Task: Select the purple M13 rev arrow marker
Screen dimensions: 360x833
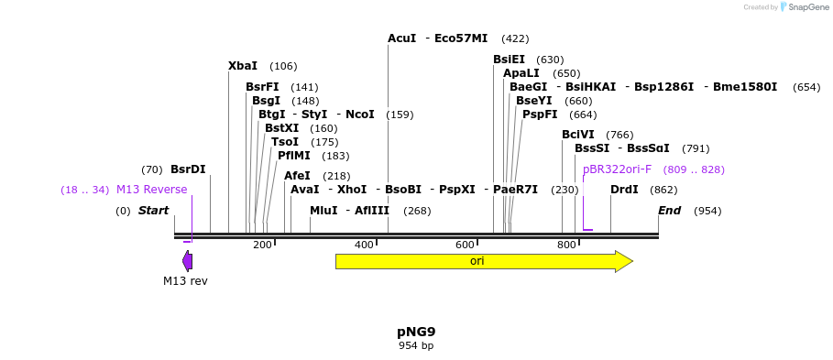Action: (x=187, y=261)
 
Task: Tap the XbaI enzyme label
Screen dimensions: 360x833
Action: (x=243, y=66)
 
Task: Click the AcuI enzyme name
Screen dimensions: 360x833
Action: (x=401, y=38)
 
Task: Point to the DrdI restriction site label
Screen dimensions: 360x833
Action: (x=624, y=190)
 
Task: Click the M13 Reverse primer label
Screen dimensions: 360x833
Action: (x=151, y=190)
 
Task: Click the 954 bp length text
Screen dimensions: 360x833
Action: (x=416, y=345)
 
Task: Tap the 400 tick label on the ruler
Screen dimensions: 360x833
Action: (x=364, y=245)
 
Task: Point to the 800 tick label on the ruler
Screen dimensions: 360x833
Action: (x=566, y=245)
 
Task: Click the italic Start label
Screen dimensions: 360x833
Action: (x=153, y=211)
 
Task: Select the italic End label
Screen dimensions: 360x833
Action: (x=669, y=211)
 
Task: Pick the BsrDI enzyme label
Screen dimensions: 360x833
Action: (x=188, y=169)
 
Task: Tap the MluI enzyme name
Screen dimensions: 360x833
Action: (x=323, y=211)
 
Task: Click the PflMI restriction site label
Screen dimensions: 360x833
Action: (x=294, y=156)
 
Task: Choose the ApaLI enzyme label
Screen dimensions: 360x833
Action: (x=521, y=73)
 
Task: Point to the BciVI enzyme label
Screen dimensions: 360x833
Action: (x=577, y=135)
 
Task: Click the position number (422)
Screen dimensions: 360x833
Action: (x=515, y=38)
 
